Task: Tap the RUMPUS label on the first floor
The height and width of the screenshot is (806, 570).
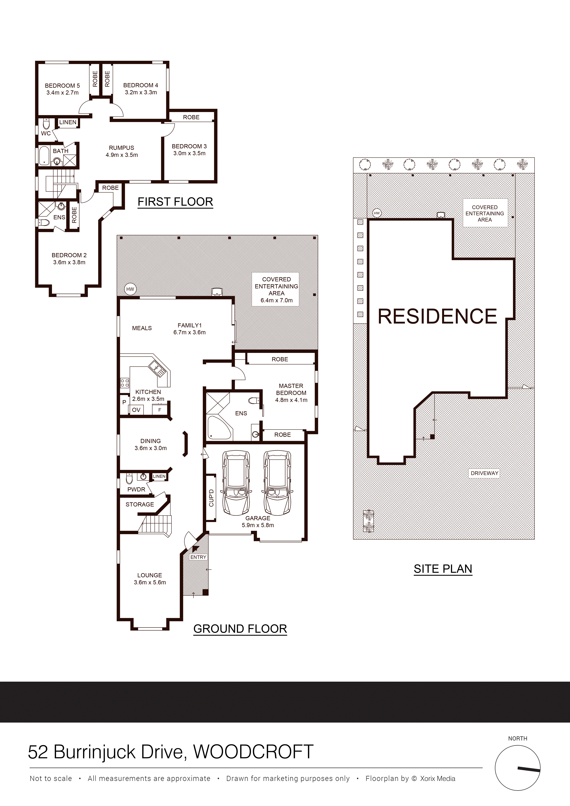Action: (x=122, y=148)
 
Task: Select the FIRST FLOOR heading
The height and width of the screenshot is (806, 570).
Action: (x=175, y=202)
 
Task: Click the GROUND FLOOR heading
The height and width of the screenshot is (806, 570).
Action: (x=240, y=629)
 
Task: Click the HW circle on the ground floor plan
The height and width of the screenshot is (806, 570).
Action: (x=130, y=289)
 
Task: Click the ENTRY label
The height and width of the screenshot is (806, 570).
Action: (x=198, y=557)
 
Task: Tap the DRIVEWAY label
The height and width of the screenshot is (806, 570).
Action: (x=485, y=473)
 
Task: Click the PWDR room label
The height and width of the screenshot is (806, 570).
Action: (x=136, y=489)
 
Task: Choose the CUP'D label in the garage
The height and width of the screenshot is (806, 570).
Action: (x=211, y=498)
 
